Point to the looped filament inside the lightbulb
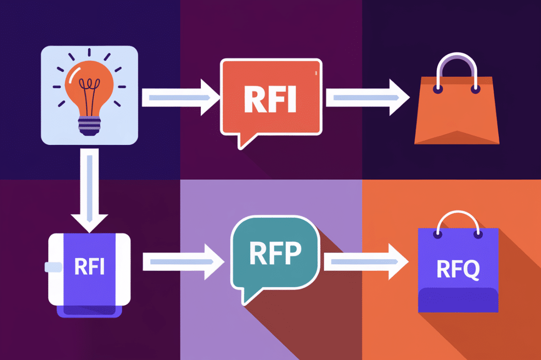tap(89, 90)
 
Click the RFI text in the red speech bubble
tap(270, 100)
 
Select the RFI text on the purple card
tap(89, 267)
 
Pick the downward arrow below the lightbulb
tap(89, 189)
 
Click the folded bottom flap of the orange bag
tap(457, 137)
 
